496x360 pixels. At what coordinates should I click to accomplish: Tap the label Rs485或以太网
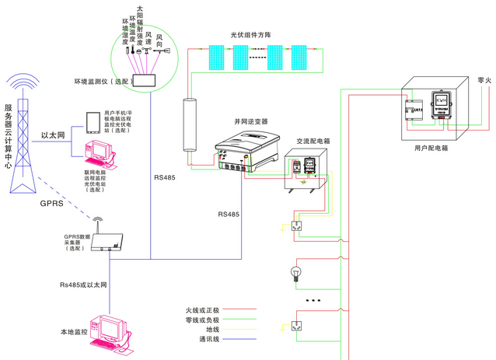(x=83, y=286)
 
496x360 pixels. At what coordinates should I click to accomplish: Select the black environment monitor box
(x=145, y=80)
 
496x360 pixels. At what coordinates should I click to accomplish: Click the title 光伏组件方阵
(x=250, y=35)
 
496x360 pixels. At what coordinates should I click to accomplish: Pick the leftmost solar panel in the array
(x=213, y=56)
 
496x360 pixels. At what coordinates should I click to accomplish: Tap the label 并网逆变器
(x=250, y=122)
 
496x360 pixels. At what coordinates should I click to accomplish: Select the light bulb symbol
(x=295, y=272)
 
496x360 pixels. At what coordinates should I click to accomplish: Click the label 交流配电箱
(x=313, y=142)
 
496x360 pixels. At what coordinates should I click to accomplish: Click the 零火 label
(x=483, y=79)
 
